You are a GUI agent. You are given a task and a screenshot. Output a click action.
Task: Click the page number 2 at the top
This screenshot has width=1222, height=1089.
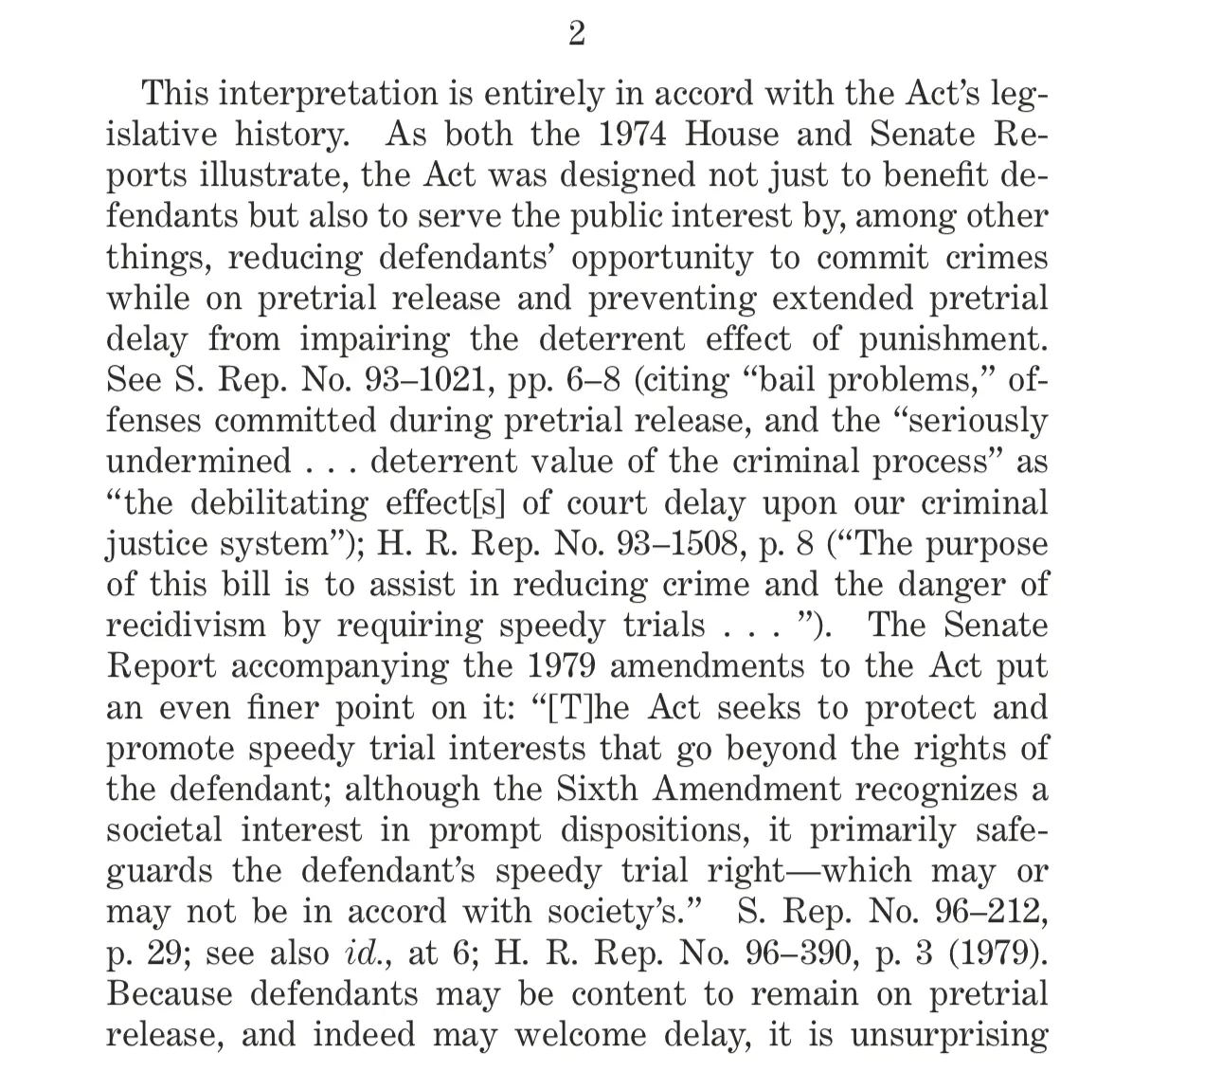(576, 35)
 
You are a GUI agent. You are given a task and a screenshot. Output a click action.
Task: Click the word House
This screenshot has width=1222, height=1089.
(730, 135)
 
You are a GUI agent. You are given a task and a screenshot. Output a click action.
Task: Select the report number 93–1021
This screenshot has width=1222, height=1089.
(432, 380)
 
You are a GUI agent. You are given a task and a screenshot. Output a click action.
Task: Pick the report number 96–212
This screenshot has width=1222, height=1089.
(990, 912)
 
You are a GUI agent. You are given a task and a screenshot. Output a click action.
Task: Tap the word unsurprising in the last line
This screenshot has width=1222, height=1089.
(948, 1035)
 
